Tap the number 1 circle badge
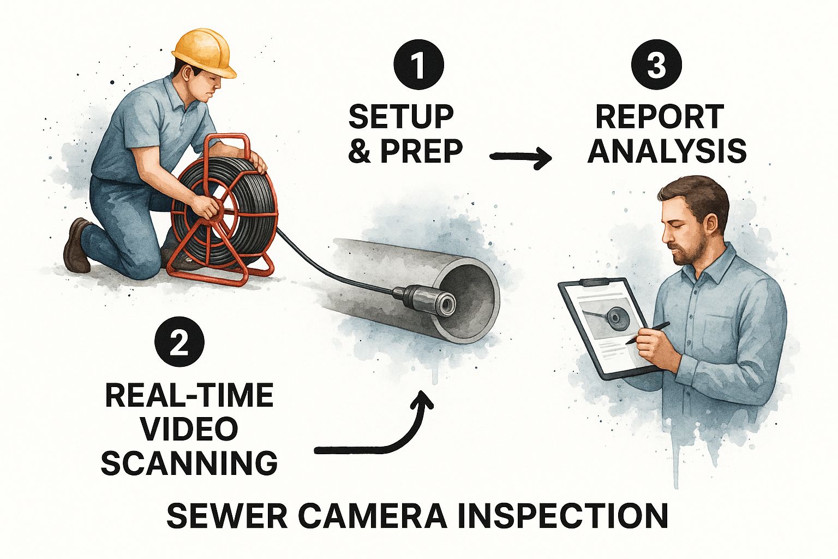point(418,64)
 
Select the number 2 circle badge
point(179,342)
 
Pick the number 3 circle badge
point(656,64)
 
